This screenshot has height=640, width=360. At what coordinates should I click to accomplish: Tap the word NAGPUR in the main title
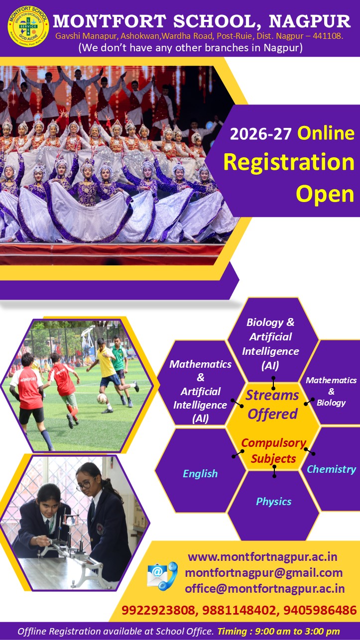(310, 21)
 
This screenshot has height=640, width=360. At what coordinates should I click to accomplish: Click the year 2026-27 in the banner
(260, 134)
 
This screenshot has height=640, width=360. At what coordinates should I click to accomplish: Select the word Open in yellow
(325, 194)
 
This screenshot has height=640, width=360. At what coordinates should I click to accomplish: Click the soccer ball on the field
(102, 398)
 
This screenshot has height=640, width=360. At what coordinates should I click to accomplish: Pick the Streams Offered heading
(272, 405)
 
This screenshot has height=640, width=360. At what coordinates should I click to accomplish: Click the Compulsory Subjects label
(273, 450)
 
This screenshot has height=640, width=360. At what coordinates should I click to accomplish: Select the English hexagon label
(200, 474)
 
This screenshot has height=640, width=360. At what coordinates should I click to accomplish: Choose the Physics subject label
(274, 502)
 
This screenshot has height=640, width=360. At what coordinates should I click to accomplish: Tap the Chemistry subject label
(332, 469)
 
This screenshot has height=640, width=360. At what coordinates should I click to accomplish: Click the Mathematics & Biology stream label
(331, 391)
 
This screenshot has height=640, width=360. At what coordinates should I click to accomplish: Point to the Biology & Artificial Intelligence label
(270, 344)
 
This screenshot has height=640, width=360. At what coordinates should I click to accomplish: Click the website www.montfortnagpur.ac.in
(262, 556)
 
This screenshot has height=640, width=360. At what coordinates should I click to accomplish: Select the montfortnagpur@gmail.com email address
(263, 573)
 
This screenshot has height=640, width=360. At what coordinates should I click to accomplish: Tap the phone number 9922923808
(158, 610)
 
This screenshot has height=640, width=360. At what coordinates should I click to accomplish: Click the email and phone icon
(162, 576)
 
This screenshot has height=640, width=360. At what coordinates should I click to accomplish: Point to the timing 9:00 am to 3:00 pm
(297, 631)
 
